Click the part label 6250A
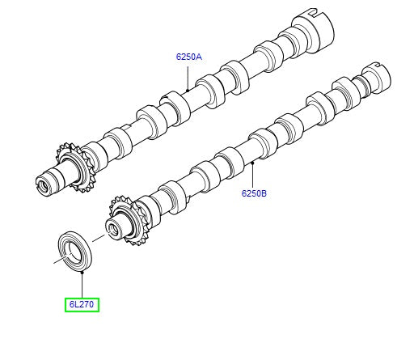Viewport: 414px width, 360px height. (188, 57)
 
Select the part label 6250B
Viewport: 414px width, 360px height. (253, 194)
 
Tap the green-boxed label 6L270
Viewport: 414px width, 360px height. (82, 305)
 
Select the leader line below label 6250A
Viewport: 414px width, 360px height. (188, 74)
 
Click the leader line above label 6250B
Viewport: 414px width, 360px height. (253, 176)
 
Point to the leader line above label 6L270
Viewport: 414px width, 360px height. (82, 286)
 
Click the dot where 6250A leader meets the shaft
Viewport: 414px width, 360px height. (188, 88)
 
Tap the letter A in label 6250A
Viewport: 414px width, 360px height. (199, 57)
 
